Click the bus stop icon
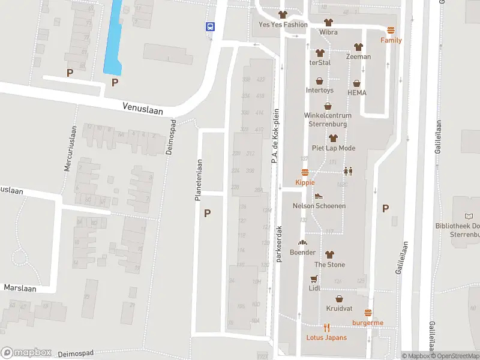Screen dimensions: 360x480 click(x=211, y=26)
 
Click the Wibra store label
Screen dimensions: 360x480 click(x=328, y=32)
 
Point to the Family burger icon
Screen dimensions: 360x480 click(x=391, y=31)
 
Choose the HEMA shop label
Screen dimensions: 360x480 click(x=356, y=93)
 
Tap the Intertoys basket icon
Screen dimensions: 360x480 click(x=320, y=81)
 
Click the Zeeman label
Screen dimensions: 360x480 click(x=358, y=57)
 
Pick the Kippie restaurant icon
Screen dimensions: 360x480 click(x=305, y=173)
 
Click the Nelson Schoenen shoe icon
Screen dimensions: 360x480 click(x=319, y=196)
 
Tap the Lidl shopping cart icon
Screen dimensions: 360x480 click(x=313, y=279)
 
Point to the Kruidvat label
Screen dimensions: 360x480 click(x=339, y=308)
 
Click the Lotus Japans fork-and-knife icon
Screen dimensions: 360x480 click(x=326, y=328)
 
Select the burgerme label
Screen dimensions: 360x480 click(x=368, y=323)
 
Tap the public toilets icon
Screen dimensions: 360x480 click(x=348, y=171)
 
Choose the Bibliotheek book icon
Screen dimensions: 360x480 click(x=469, y=216)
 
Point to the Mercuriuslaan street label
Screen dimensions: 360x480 click(x=68, y=148)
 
